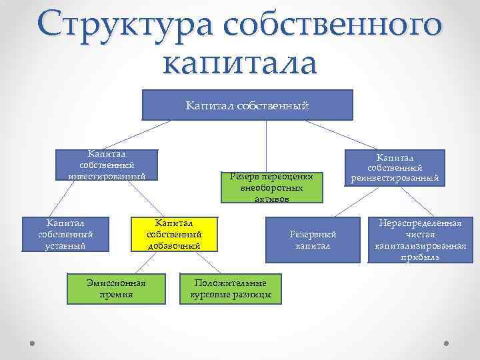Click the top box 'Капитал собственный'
tap(247, 105)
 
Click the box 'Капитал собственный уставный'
tap(65, 234)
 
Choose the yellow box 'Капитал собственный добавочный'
tap(173, 234)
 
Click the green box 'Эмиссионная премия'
tap(116, 287)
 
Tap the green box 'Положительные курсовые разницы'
tap(230, 288)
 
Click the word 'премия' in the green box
tap(116, 294)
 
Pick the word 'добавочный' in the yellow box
tap(173, 246)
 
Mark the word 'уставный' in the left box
tap(65, 246)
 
